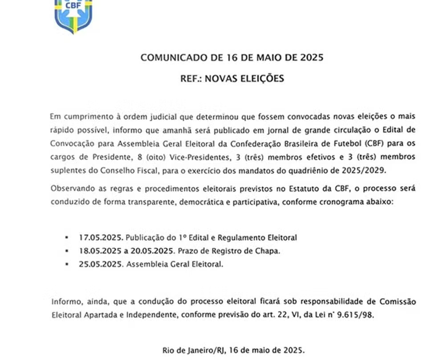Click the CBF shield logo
73,16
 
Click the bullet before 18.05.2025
67,251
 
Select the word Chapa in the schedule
268,251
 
